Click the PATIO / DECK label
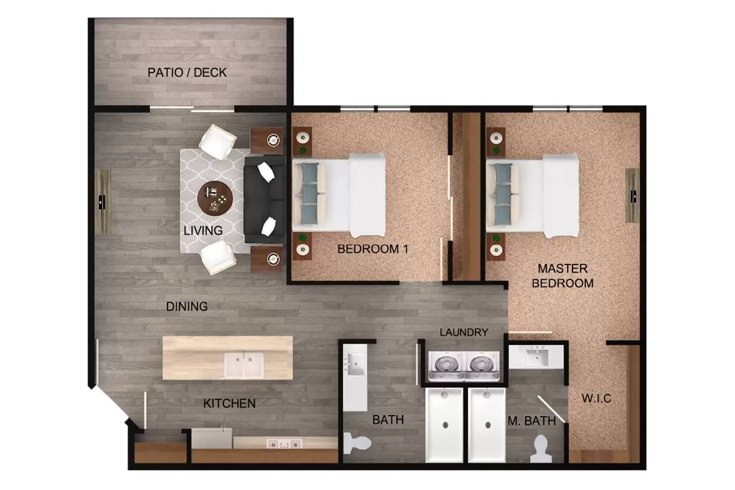click(x=187, y=73)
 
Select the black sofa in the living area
click(x=263, y=200)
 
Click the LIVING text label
click(x=203, y=231)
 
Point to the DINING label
click(x=187, y=306)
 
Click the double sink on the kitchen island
click(x=244, y=365)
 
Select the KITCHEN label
click(x=229, y=404)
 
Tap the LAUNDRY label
click(x=464, y=332)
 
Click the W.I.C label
click(x=596, y=398)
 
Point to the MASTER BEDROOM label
click(x=562, y=276)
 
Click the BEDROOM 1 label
click(x=373, y=249)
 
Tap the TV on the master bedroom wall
click(x=633, y=196)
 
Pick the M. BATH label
click(x=531, y=421)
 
